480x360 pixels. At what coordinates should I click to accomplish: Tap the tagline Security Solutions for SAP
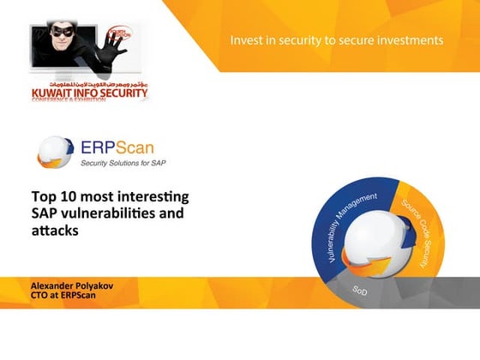[x=124, y=162]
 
